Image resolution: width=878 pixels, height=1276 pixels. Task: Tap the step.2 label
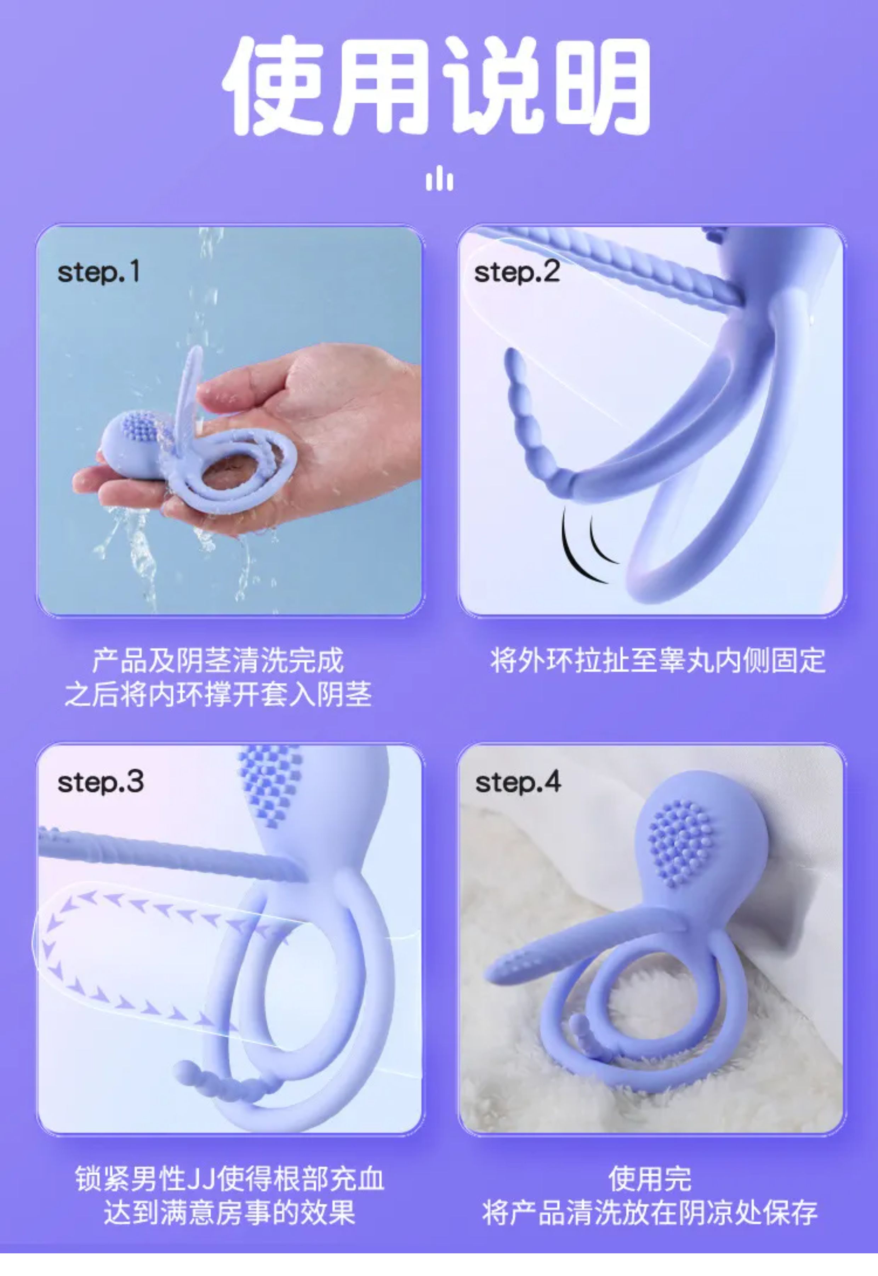[x=517, y=272]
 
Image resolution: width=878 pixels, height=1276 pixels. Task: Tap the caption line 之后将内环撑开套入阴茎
[x=218, y=694]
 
